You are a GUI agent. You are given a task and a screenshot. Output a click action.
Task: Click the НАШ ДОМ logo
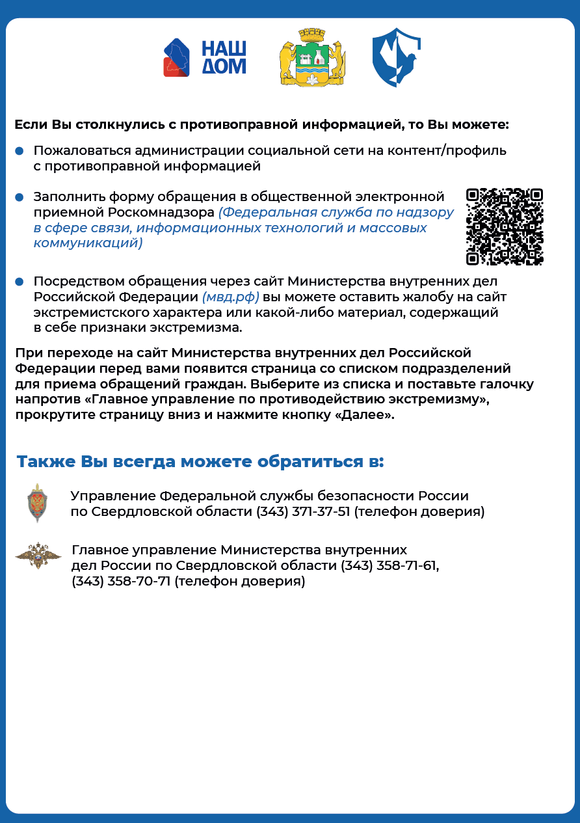coord(204,58)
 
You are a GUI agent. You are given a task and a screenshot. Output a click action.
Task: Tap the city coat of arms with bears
coord(312,57)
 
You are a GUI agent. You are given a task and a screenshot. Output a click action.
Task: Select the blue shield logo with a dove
coord(396,57)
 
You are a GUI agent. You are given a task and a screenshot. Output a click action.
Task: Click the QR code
coord(505,227)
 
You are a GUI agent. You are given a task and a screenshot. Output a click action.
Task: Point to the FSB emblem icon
coord(38,503)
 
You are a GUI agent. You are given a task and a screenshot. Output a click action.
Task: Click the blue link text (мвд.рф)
coord(231,297)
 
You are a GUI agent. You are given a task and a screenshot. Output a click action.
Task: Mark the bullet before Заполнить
coord(20,196)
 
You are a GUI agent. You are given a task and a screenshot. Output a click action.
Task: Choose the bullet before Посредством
coord(20,282)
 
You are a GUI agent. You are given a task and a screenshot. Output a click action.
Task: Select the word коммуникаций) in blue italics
coord(88,243)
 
